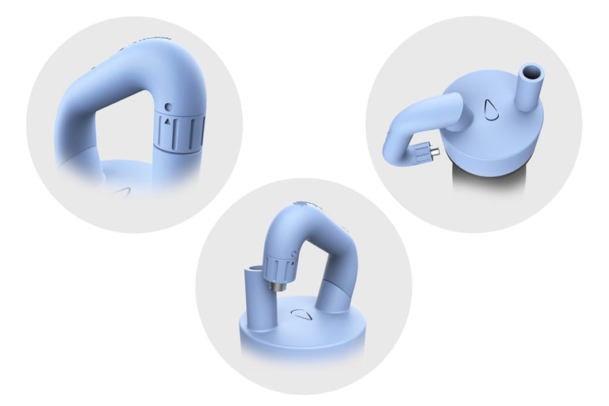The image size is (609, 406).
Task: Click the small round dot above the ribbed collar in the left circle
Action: (x=168, y=106)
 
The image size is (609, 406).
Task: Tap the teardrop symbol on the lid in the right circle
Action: (x=491, y=109)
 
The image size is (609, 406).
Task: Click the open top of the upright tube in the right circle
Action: (x=532, y=72)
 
